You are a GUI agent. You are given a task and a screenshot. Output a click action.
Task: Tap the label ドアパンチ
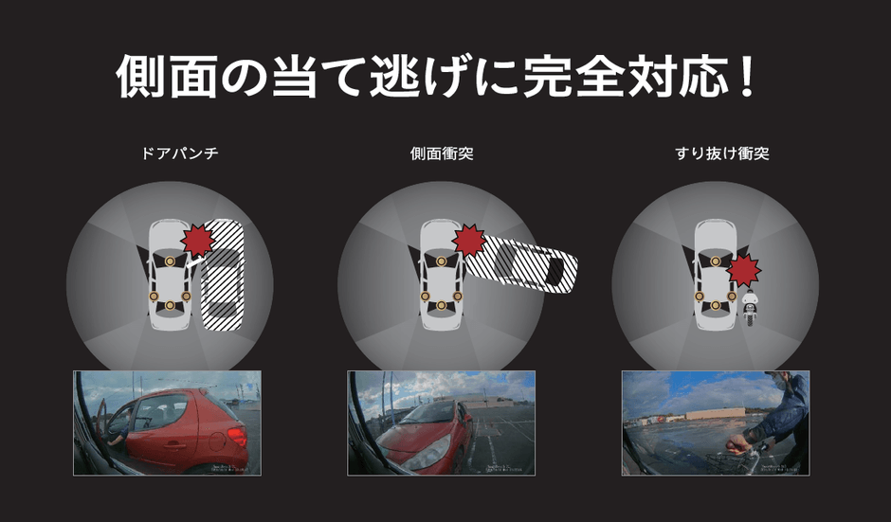(x=179, y=153)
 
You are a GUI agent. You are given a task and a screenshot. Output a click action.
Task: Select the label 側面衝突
(x=442, y=153)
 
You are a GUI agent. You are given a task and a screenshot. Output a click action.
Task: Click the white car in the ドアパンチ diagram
(x=169, y=275)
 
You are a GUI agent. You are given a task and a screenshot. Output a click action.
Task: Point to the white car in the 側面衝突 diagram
(x=440, y=275)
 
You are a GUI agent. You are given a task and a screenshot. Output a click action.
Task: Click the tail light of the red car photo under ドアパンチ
(x=236, y=437)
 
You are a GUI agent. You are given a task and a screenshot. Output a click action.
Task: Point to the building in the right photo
(x=715, y=415)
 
